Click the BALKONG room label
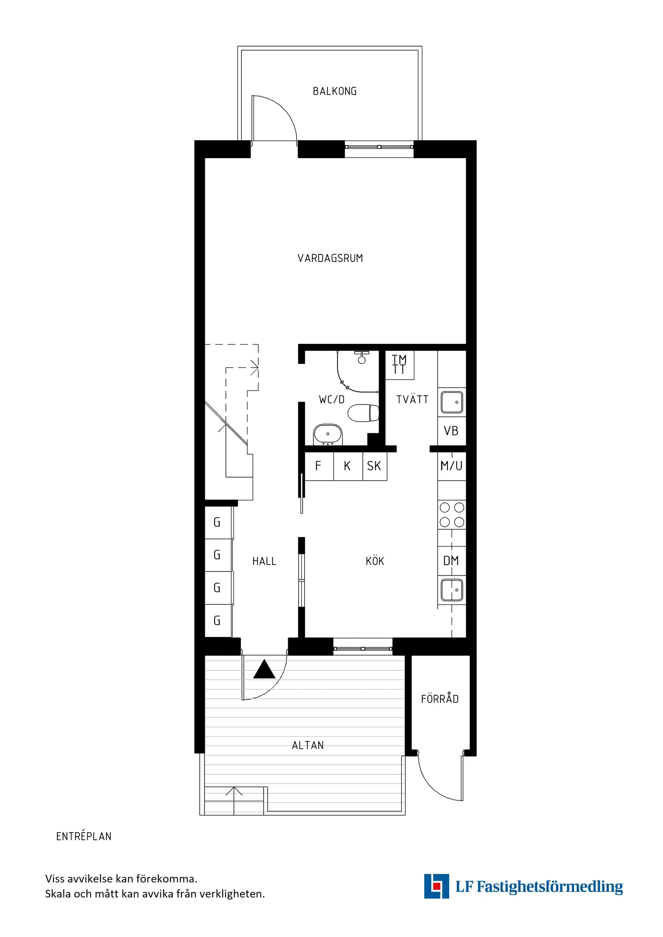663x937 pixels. [334, 92]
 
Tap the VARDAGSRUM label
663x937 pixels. [330, 258]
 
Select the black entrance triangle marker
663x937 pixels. [264, 669]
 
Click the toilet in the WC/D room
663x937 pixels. [363, 413]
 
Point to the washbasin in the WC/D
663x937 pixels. [327, 434]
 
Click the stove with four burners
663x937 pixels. [452, 514]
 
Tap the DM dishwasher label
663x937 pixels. [451, 561]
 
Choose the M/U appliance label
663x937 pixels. [451, 465]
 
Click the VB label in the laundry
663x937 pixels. [451, 431]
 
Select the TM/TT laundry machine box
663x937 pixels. [399, 365]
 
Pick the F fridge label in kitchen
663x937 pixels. [318, 465]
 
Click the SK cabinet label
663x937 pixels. [374, 466]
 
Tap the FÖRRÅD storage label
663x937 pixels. [440, 699]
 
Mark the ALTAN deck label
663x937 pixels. [308, 745]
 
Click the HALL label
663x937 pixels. [264, 561]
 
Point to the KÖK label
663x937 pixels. [375, 561]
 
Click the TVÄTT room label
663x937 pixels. [412, 400]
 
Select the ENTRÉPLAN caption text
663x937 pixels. [84, 837]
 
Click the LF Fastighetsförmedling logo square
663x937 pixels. [436, 886]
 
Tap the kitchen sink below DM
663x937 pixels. [452, 590]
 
